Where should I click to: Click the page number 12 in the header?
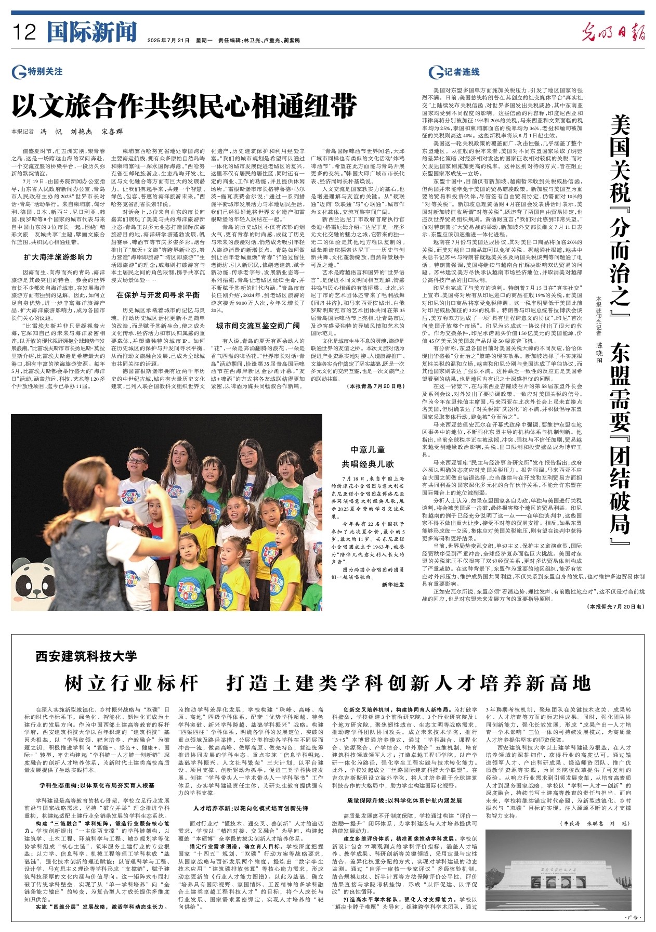(24, 32)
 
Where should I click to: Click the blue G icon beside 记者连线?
(435, 72)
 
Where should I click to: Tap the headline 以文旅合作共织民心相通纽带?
(185, 106)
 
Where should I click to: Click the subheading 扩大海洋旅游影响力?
(58, 257)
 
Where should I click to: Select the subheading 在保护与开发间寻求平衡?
(158, 295)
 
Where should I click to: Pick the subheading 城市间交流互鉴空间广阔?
(258, 326)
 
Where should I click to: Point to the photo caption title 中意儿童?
(368, 450)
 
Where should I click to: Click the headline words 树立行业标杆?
(132, 683)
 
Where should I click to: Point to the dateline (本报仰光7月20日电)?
(615, 607)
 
